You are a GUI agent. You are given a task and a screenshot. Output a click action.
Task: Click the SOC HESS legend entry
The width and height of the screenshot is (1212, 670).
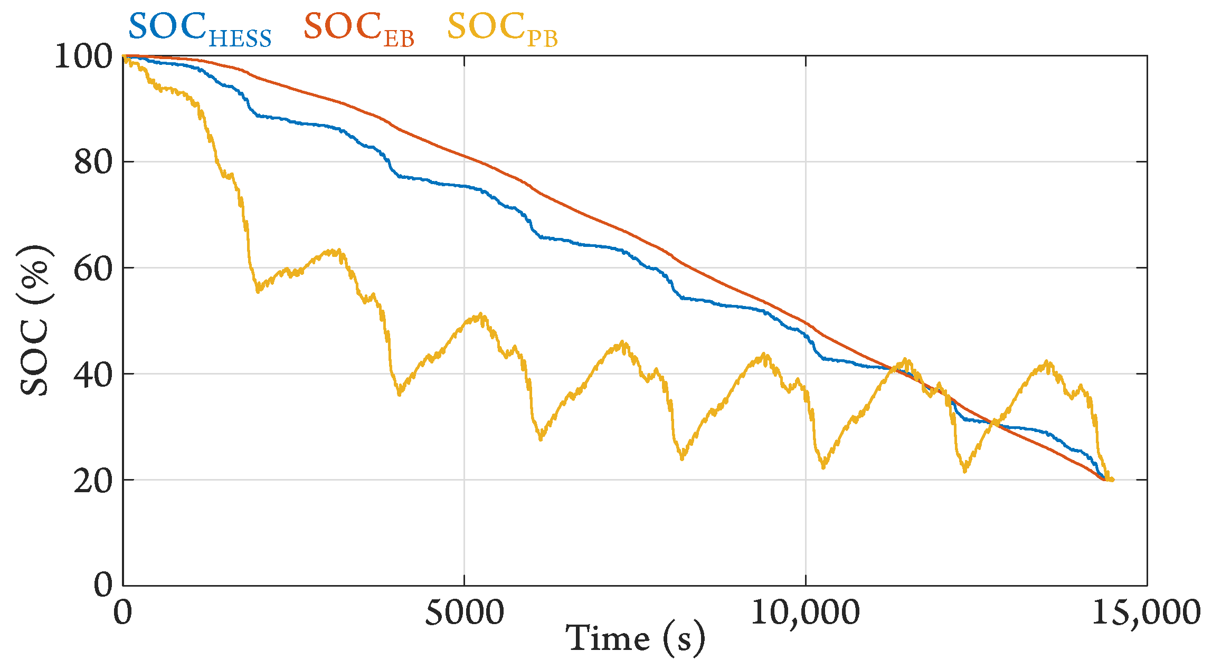tap(200, 27)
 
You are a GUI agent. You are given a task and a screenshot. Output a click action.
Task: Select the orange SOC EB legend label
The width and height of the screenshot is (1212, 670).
tap(359, 27)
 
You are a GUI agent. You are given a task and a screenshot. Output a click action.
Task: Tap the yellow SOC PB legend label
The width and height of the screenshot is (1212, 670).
tap(502, 27)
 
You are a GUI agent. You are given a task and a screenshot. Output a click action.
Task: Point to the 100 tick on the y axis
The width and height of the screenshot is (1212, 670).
tap(83, 56)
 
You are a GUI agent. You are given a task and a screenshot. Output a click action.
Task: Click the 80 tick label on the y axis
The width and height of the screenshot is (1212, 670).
tap(93, 162)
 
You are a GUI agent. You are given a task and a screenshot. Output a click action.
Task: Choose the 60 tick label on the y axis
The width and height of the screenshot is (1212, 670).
tap(93, 268)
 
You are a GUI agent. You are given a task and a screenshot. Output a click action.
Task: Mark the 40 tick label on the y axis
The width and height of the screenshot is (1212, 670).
tap(93, 374)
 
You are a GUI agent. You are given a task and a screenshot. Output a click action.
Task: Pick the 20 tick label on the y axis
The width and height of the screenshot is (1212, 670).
tap(93, 480)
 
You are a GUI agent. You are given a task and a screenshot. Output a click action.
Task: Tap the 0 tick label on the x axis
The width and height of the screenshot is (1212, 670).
tap(123, 613)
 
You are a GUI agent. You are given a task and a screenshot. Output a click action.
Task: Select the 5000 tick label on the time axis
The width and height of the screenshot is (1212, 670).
tap(465, 613)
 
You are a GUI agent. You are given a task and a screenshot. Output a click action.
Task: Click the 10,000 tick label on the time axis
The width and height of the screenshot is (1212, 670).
tap(806, 613)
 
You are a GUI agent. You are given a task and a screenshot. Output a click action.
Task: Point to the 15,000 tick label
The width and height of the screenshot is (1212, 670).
tap(1145, 613)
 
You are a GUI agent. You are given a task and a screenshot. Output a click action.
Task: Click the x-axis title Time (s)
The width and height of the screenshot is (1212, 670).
tap(635, 639)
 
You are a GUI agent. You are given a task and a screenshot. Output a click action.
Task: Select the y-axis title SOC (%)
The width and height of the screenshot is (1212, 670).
tap(35, 320)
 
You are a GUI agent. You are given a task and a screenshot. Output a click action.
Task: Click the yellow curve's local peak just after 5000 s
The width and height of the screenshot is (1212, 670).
tap(480, 316)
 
